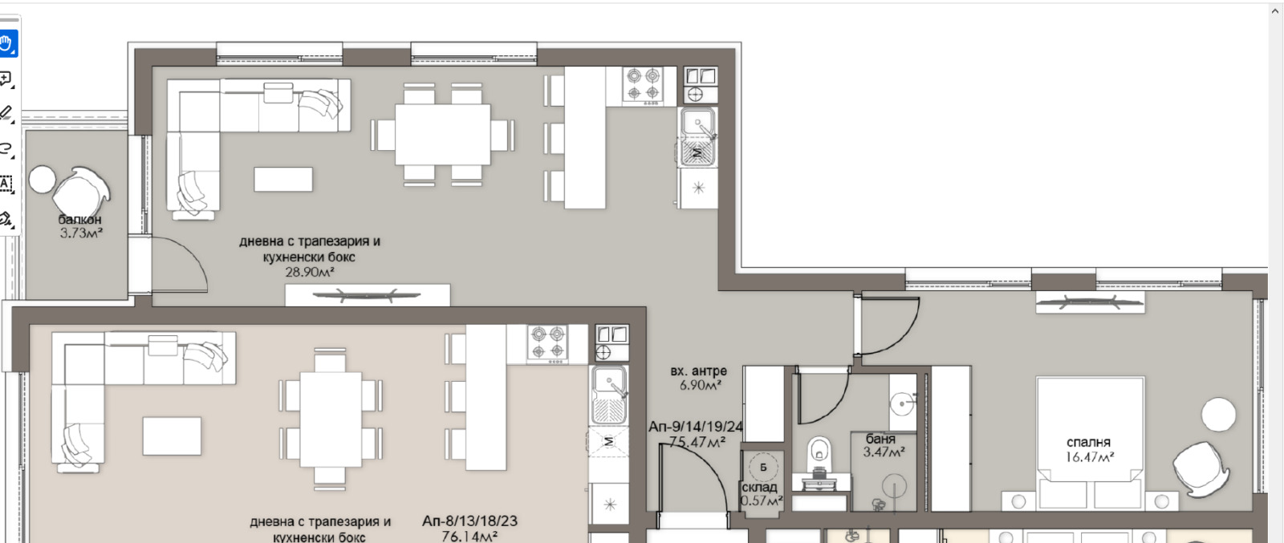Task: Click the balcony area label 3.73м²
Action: (81, 233)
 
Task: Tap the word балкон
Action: (79, 220)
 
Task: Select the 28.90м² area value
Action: (310, 272)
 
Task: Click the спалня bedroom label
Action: (1088, 442)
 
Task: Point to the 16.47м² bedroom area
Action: (1090, 457)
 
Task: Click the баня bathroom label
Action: (880, 439)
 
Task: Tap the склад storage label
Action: (759, 488)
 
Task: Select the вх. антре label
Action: (698, 371)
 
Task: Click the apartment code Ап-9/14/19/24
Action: (695, 427)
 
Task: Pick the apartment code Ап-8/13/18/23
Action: (469, 521)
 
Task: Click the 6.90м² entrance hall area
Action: (700, 386)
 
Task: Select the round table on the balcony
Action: (42, 180)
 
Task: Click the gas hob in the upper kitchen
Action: (643, 86)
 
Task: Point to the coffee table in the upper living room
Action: (283, 180)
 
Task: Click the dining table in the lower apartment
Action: (331, 419)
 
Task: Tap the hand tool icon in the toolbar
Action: (7, 43)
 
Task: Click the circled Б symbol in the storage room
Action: (763, 468)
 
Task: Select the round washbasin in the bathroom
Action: (902, 403)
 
